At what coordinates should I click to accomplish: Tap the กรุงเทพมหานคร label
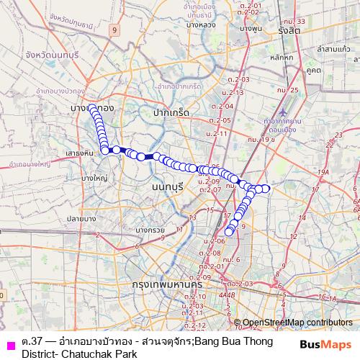[x=167, y=285]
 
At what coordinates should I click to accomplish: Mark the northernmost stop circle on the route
[x=91, y=109]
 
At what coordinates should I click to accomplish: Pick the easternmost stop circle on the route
[x=266, y=189]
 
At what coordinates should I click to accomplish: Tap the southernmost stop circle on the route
[x=230, y=232]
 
